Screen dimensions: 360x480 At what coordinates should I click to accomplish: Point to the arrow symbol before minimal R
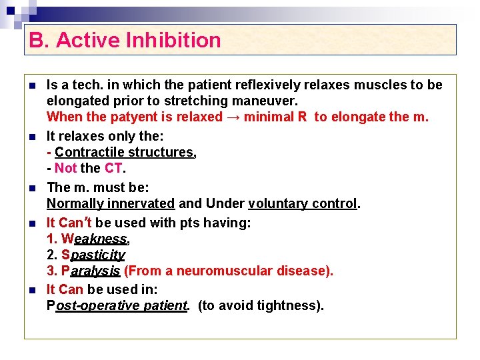pos(233,117)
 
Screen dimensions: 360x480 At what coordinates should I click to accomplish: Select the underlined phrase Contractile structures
pos(125,152)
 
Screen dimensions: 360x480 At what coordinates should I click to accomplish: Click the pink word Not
pos(66,168)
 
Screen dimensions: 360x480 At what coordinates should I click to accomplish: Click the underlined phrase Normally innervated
pos(111,203)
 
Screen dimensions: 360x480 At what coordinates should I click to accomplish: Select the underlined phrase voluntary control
pos(303,203)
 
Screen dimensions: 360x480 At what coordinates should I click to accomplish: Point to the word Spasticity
pos(93,255)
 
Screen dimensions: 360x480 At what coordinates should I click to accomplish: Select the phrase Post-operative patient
pos(117,305)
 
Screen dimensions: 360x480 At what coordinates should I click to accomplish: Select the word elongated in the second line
pos(75,101)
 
